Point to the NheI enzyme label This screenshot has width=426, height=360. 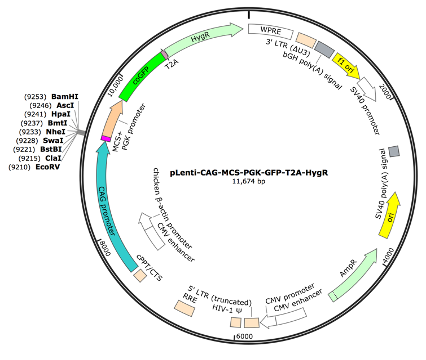(x=62, y=131)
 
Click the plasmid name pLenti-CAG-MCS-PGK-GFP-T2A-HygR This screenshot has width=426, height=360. (x=244, y=171)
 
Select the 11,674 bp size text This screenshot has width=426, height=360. (x=244, y=182)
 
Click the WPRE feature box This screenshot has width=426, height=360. (x=268, y=32)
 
